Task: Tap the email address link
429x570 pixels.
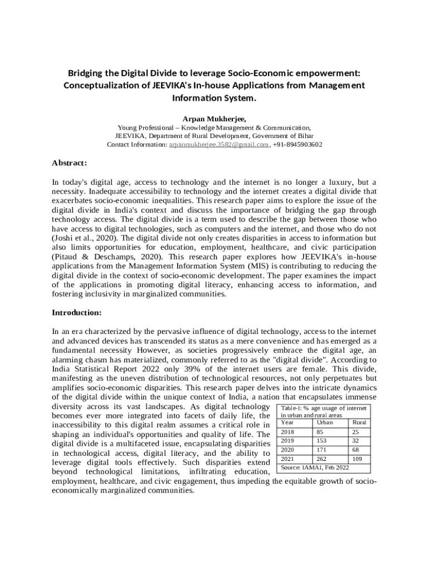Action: coord(220,144)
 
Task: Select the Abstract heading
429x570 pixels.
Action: coord(69,163)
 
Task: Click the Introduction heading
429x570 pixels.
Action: coord(77,312)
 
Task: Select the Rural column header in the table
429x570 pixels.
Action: coord(359,422)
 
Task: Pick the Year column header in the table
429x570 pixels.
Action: coord(287,422)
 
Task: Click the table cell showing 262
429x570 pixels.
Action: coord(321,459)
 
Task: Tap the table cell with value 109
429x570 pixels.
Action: coord(358,459)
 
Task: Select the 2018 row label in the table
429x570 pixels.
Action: coord(287,432)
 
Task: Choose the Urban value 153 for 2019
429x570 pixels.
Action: coord(321,441)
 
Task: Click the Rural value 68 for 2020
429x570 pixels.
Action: coord(355,450)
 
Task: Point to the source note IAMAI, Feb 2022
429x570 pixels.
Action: coord(315,468)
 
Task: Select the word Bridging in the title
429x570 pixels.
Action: coord(87,73)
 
